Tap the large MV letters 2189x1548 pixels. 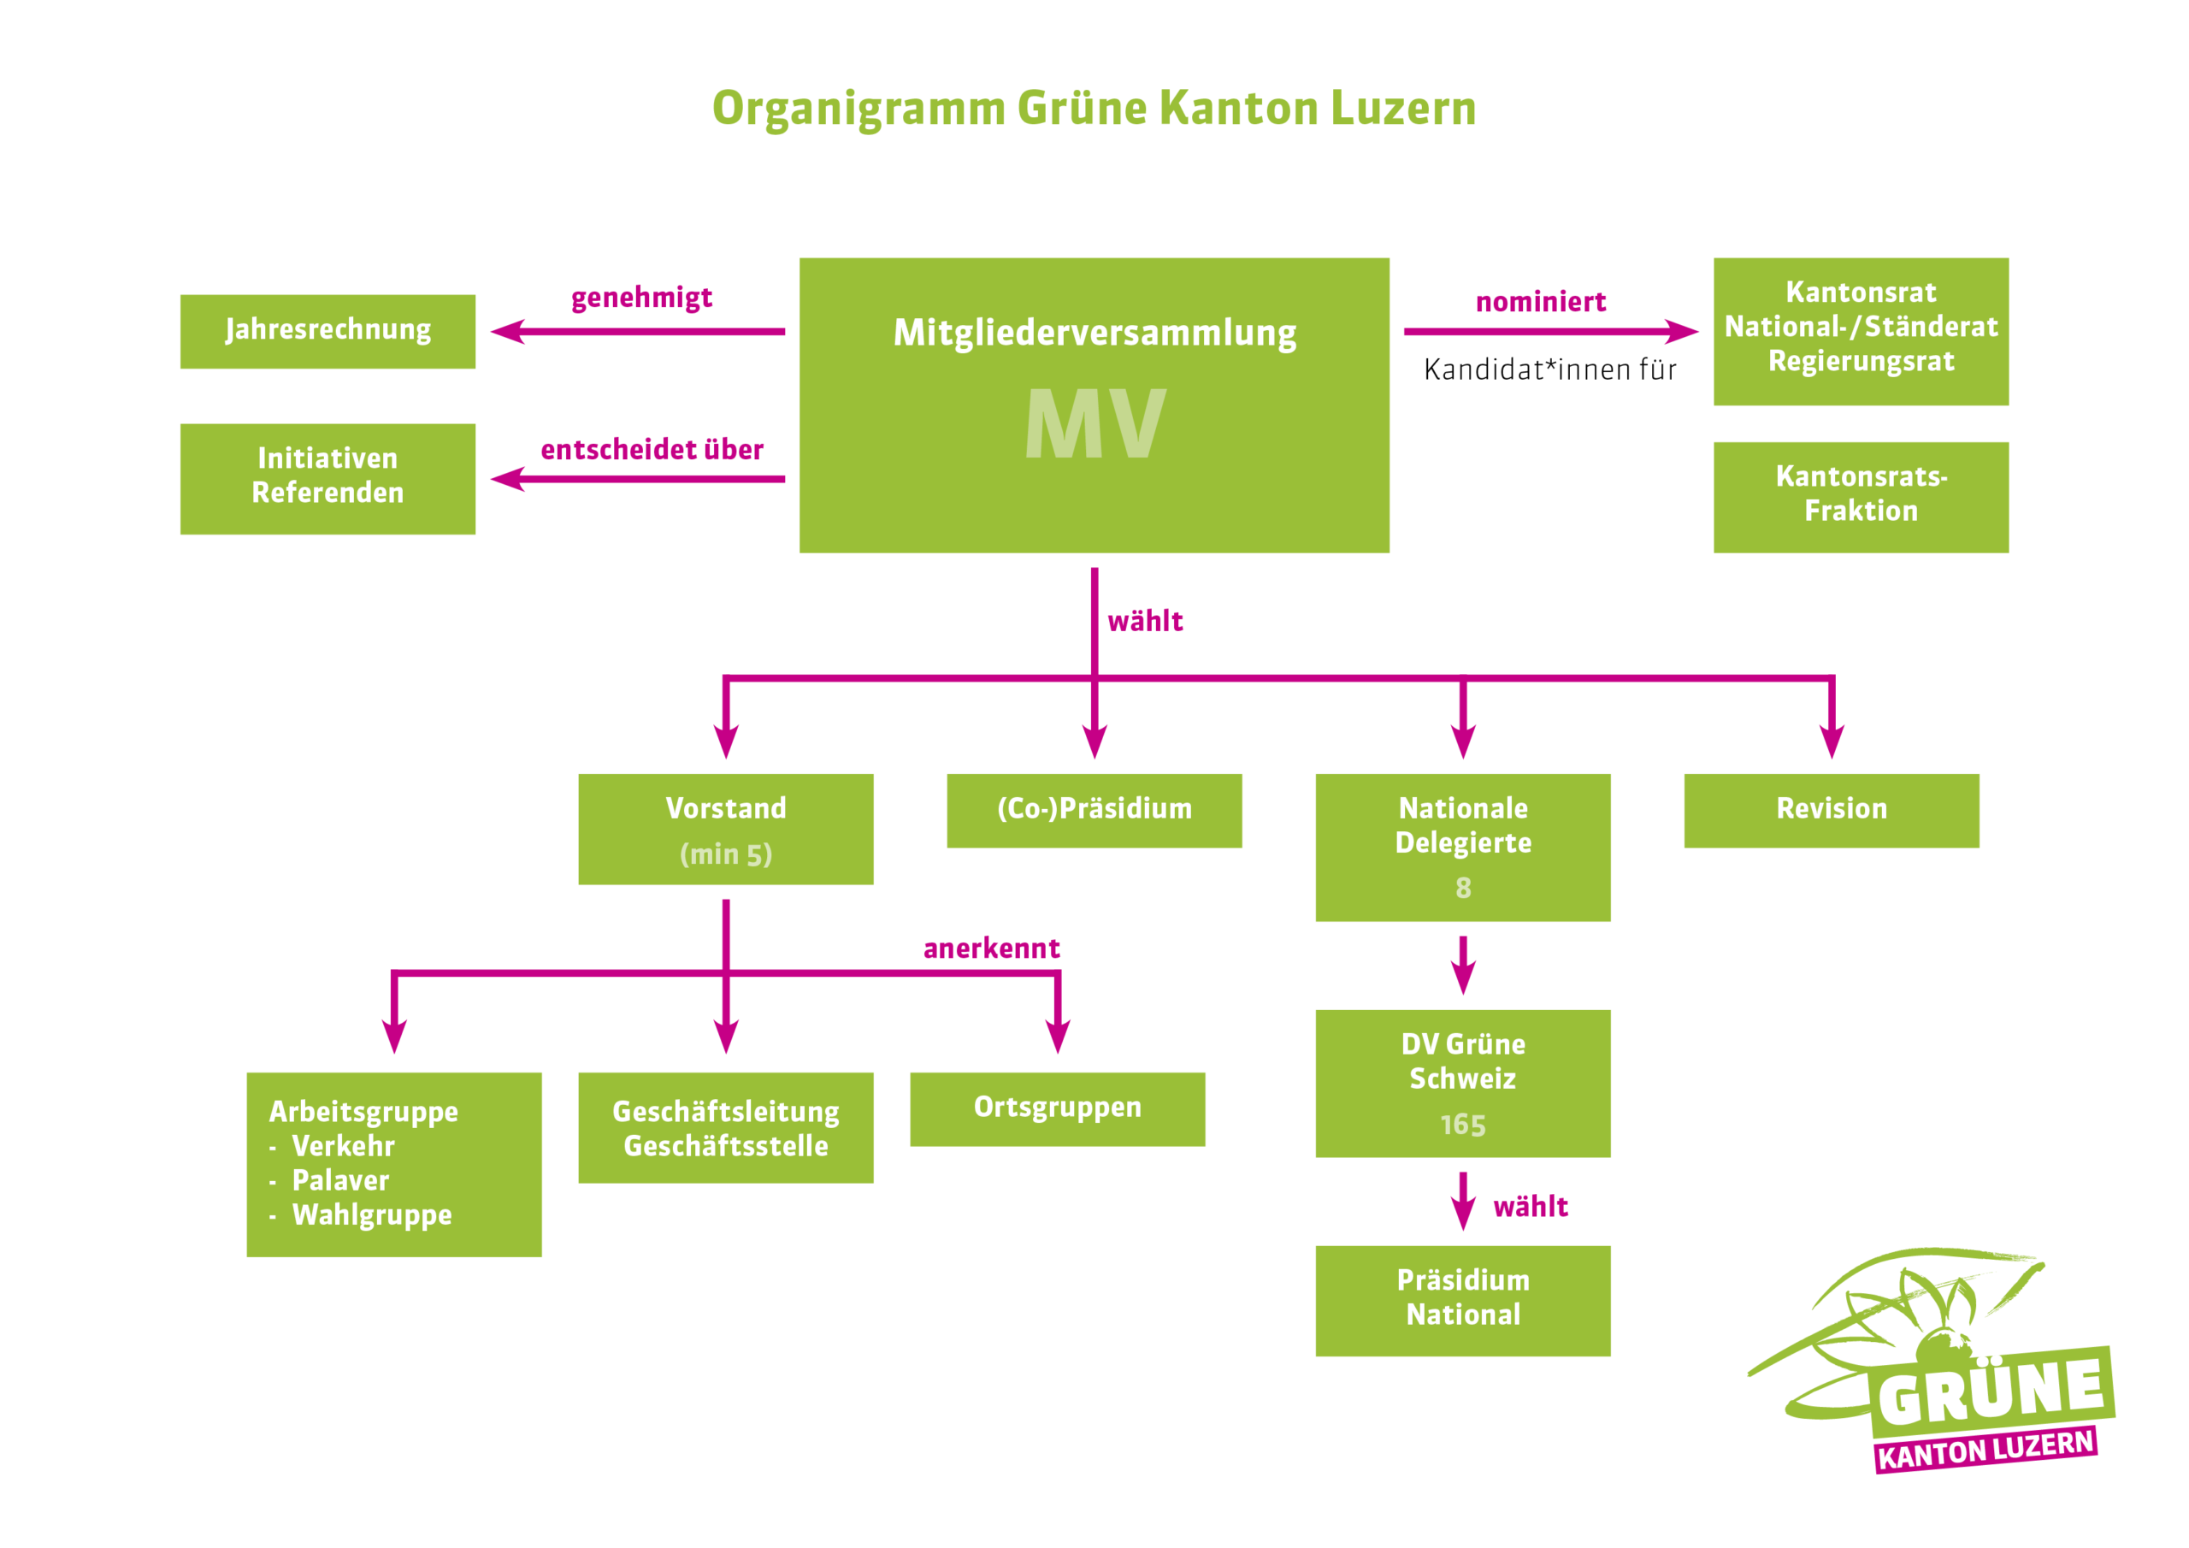(1094, 424)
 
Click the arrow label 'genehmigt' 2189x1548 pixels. (641, 298)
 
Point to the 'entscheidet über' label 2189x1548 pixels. (652, 449)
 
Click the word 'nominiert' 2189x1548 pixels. (1541, 303)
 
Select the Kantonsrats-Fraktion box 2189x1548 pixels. (1860, 496)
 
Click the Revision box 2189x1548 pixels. (1831, 810)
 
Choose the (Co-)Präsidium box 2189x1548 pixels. (1094, 810)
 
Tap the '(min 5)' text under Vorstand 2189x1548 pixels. (726, 854)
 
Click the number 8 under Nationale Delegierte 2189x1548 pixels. (1462, 888)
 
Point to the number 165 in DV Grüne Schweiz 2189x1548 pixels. (1462, 1125)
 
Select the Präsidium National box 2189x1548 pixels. (1462, 1300)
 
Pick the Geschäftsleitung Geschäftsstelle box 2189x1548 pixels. (726, 1127)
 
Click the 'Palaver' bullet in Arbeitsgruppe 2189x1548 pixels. (340, 1181)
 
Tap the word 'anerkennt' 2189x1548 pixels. (992, 948)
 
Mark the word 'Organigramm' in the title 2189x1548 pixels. (858, 109)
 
